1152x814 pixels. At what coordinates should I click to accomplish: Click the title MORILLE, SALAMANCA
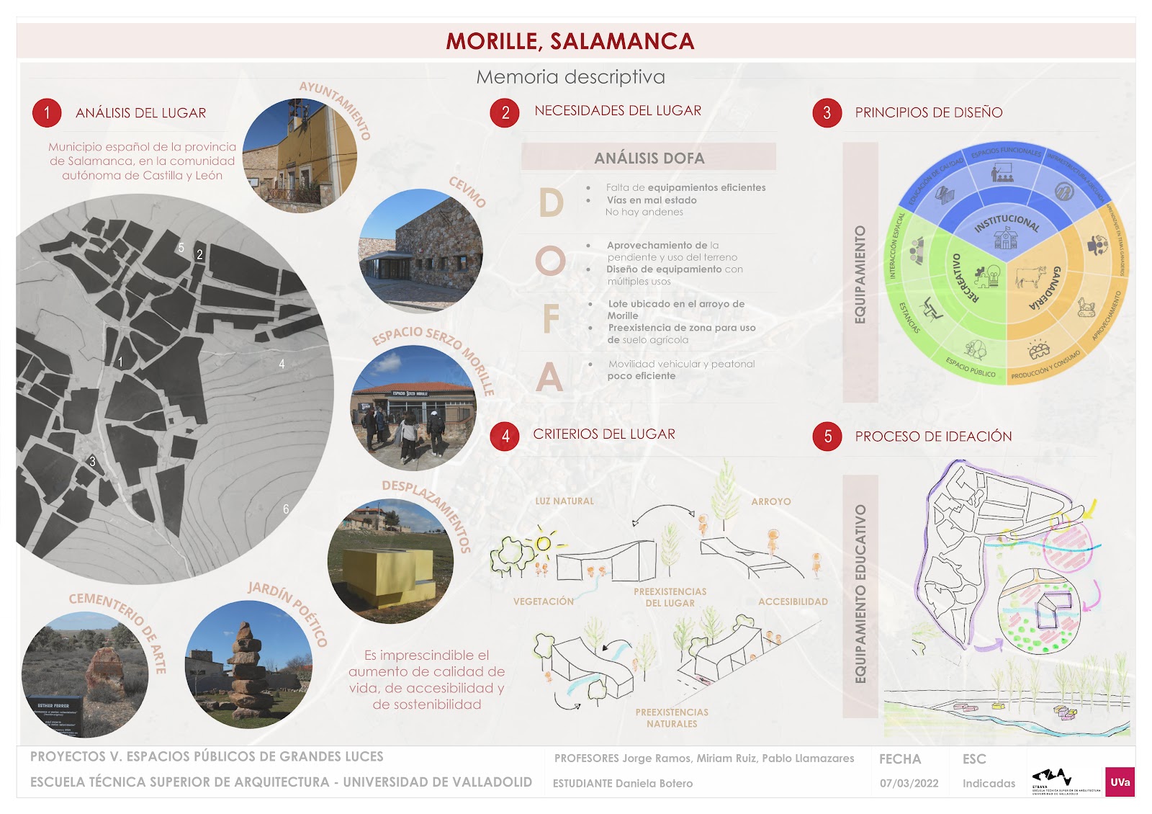(x=570, y=41)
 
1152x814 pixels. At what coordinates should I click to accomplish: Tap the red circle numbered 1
(x=47, y=112)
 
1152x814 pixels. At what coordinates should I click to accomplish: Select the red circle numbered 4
(x=505, y=436)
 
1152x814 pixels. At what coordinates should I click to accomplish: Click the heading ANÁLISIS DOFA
(x=649, y=158)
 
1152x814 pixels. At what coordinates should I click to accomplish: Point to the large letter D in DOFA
(x=551, y=202)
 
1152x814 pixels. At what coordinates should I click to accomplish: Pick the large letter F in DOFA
(x=551, y=319)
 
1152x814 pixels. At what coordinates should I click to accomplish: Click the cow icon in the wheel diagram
(x=1030, y=276)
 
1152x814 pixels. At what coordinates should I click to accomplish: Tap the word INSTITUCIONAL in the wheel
(x=1007, y=223)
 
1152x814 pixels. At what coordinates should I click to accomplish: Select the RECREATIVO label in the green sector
(x=963, y=277)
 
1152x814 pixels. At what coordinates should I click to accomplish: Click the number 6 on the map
(x=286, y=509)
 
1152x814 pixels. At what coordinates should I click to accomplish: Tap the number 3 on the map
(x=92, y=461)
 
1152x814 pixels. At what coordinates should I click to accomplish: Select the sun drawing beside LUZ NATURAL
(x=544, y=543)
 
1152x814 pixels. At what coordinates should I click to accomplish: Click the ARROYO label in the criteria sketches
(x=770, y=501)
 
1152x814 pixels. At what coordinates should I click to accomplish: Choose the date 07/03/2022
(x=909, y=783)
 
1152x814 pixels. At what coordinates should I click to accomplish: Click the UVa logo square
(x=1120, y=782)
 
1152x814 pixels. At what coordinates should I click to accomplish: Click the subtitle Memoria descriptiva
(x=570, y=77)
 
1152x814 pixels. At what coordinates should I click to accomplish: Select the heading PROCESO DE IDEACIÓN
(x=933, y=437)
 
